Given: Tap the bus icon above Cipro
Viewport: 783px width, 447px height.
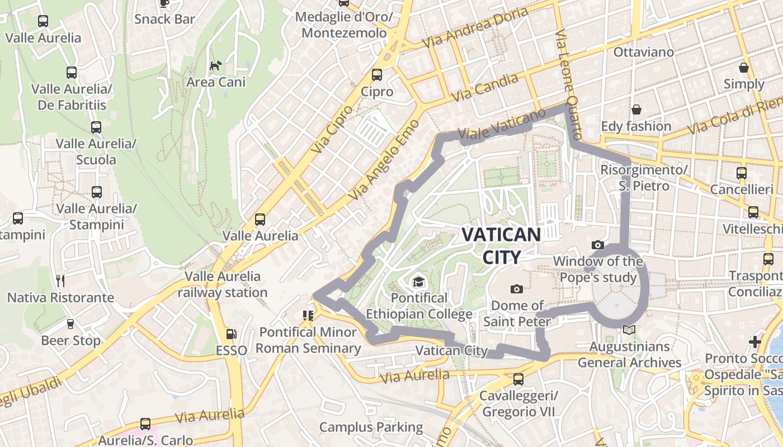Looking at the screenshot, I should [377, 75].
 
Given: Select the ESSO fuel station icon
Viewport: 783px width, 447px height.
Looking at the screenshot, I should [231, 334].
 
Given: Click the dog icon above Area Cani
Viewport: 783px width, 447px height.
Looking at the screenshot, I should [215, 66].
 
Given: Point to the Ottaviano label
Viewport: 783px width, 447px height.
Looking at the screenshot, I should [643, 52].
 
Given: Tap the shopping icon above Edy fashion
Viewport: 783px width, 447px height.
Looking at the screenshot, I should [636, 110].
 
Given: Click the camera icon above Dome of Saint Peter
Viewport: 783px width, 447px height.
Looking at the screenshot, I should [517, 289].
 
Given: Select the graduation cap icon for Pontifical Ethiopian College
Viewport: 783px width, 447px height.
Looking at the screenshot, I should [418, 281].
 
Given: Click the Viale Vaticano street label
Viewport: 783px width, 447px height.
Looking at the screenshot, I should [502, 123].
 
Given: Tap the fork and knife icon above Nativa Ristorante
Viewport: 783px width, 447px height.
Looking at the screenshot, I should [60, 280].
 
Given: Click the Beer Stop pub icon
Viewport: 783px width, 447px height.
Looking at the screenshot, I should [70, 324].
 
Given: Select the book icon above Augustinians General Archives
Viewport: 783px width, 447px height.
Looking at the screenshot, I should [629, 330].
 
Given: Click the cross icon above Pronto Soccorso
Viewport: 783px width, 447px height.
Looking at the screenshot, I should [755, 341].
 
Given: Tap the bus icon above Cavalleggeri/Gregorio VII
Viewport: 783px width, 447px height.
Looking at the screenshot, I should [518, 379].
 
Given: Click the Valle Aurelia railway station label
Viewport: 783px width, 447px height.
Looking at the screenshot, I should [223, 284].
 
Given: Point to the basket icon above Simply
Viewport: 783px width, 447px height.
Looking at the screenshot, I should [744, 68].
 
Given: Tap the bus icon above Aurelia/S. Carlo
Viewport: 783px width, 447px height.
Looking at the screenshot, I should [145, 424].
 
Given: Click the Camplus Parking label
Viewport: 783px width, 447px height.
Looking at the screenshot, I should [371, 427].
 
